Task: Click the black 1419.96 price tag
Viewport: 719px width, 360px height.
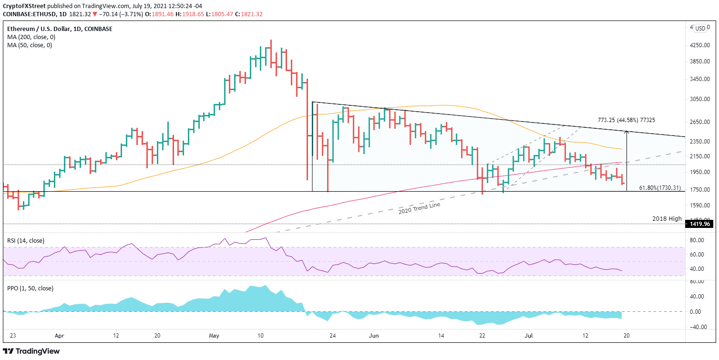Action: (x=699, y=223)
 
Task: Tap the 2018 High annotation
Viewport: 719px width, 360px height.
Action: (x=667, y=218)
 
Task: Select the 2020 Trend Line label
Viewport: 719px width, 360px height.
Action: (x=419, y=208)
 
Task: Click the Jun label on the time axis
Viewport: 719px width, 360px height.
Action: (x=373, y=336)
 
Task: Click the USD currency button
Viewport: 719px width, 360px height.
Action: (x=700, y=28)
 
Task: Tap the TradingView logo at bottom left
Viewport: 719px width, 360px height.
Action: (x=32, y=351)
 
